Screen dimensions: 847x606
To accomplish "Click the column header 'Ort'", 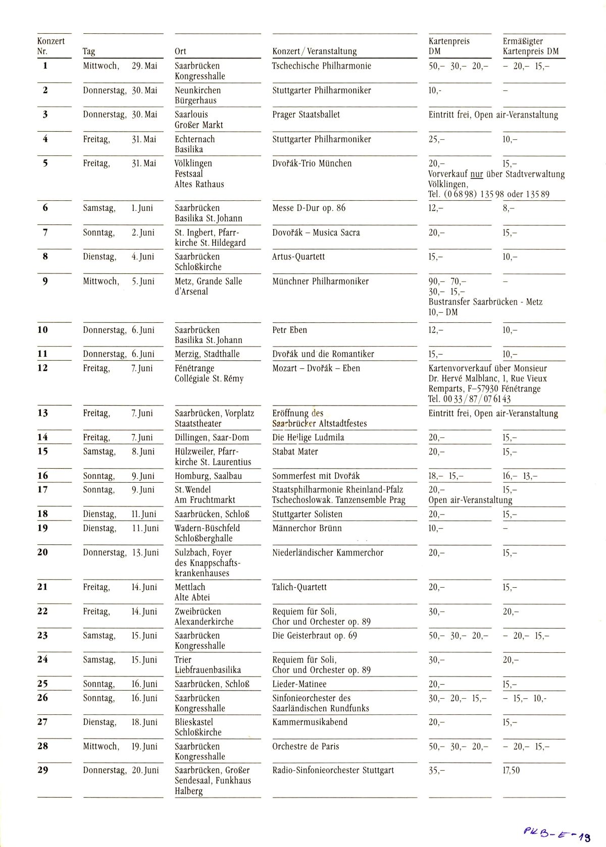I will point(180,51).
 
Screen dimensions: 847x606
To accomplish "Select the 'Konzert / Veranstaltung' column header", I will point(314,51).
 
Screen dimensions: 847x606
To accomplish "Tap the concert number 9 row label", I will point(45,281).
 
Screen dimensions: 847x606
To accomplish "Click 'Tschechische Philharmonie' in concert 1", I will point(322,66).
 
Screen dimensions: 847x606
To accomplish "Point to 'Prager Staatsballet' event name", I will point(306,115).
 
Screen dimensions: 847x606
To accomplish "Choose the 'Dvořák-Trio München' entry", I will point(312,163).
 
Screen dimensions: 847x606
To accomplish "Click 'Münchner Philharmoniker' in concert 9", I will point(320,281).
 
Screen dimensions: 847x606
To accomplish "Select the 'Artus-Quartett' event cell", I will point(298,257).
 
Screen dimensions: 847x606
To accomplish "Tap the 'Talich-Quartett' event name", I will point(299,587).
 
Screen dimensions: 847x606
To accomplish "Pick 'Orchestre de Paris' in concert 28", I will point(306,747).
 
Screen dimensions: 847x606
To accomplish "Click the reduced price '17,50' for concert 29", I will point(511,770).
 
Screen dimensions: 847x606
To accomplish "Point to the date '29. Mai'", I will point(144,66).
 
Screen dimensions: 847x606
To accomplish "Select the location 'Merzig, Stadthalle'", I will point(207,354).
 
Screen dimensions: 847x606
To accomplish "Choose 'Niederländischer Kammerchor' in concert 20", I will point(328,553).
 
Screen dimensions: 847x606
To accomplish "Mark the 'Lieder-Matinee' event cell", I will point(299,685).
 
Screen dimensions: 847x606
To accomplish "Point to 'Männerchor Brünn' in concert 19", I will point(307,528).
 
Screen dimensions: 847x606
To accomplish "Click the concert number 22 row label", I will point(43,611).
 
